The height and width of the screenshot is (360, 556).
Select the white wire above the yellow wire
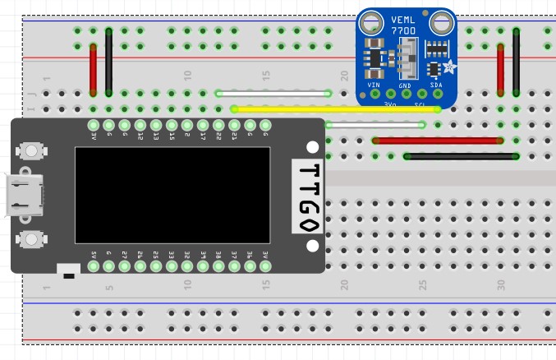[273, 94]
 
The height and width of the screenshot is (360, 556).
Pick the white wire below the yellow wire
[374, 125]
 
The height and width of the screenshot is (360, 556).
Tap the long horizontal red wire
[438, 141]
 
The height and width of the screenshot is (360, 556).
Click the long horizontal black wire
[461, 156]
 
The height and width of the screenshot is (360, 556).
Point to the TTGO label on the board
[308, 198]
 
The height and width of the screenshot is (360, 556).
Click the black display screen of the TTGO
[172, 195]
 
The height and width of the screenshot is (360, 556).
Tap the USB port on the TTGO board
[23, 195]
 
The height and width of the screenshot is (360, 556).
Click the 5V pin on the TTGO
[94, 265]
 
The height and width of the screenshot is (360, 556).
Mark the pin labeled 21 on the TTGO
[234, 126]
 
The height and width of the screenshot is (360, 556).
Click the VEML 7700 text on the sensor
[403, 25]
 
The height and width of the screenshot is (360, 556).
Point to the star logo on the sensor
[449, 67]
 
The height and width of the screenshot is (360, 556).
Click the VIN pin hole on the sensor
[374, 93]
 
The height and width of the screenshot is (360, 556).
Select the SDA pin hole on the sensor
[438, 93]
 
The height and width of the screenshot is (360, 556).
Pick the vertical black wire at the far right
[516, 62]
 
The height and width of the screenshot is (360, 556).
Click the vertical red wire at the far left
[93, 69]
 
